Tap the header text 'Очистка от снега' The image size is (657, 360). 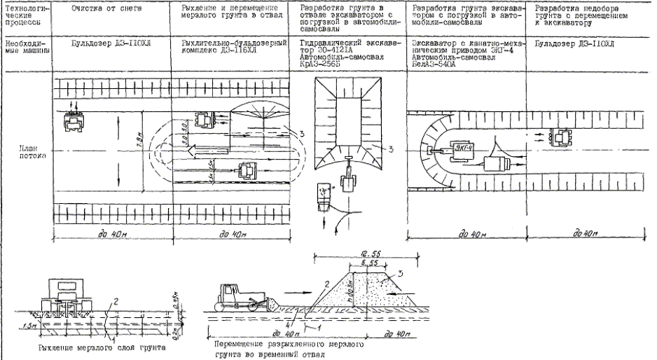click(103, 7)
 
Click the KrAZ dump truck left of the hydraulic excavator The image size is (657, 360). click(323, 194)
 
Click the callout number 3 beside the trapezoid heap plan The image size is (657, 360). click(392, 148)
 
